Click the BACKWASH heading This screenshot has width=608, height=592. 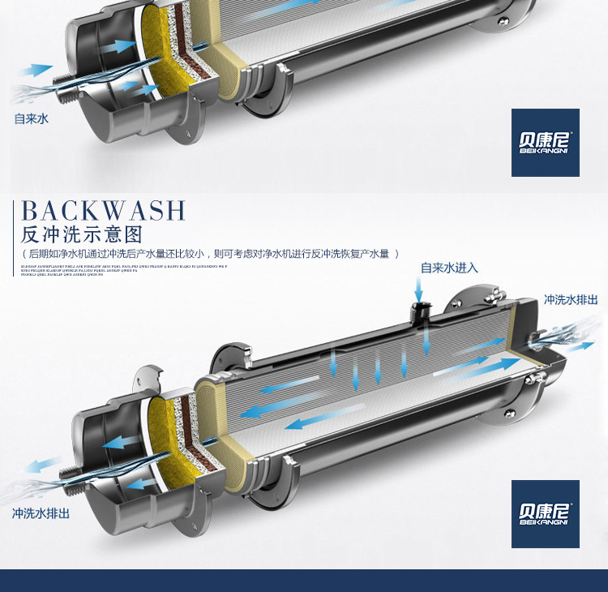click(104, 210)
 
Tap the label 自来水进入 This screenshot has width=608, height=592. click(449, 268)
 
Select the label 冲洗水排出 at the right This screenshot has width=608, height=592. click(571, 300)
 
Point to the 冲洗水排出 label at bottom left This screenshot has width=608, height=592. click(41, 513)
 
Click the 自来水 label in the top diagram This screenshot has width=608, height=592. click(32, 118)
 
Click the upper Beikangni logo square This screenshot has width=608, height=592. click(545, 143)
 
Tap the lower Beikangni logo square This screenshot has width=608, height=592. click(545, 513)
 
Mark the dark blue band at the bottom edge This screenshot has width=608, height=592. click(304, 581)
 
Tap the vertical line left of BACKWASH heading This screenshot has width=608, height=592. click(14, 235)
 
